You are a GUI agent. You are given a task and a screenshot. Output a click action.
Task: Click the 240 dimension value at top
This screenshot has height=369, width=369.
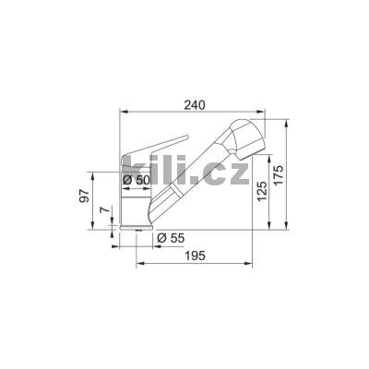point(193,105)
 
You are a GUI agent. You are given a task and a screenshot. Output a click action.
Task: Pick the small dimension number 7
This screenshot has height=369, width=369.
point(102,211)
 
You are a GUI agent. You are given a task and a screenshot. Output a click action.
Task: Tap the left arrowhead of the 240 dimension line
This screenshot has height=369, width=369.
point(124,114)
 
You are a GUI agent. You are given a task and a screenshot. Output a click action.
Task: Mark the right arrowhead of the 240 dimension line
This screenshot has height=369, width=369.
point(265,114)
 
